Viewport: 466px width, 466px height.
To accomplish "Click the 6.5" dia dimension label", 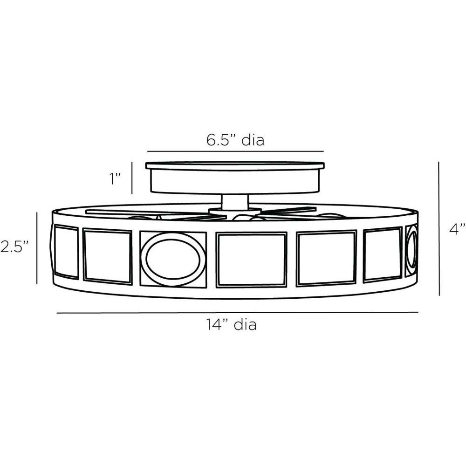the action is pyautogui.click(x=235, y=140).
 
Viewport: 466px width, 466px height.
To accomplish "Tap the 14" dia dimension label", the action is pyautogui.click(x=232, y=324).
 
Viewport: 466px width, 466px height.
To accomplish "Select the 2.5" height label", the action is pyautogui.click(x=14, y=247).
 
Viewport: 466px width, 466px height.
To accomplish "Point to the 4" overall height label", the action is pyautogui.click(x=458, y=229).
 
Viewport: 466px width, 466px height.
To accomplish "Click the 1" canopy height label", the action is pyautogui.click(x=115, y=178).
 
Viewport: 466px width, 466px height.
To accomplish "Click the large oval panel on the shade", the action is pyautogui.click(x=173, y=260).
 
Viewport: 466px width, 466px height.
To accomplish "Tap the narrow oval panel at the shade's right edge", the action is pyautogui.click(x=412, y=251).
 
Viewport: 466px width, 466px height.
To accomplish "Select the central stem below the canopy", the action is pyautogui.click(x=235, y=202).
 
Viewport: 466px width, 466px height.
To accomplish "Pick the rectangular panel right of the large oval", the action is pyautogui.click(x=252, y=260).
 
